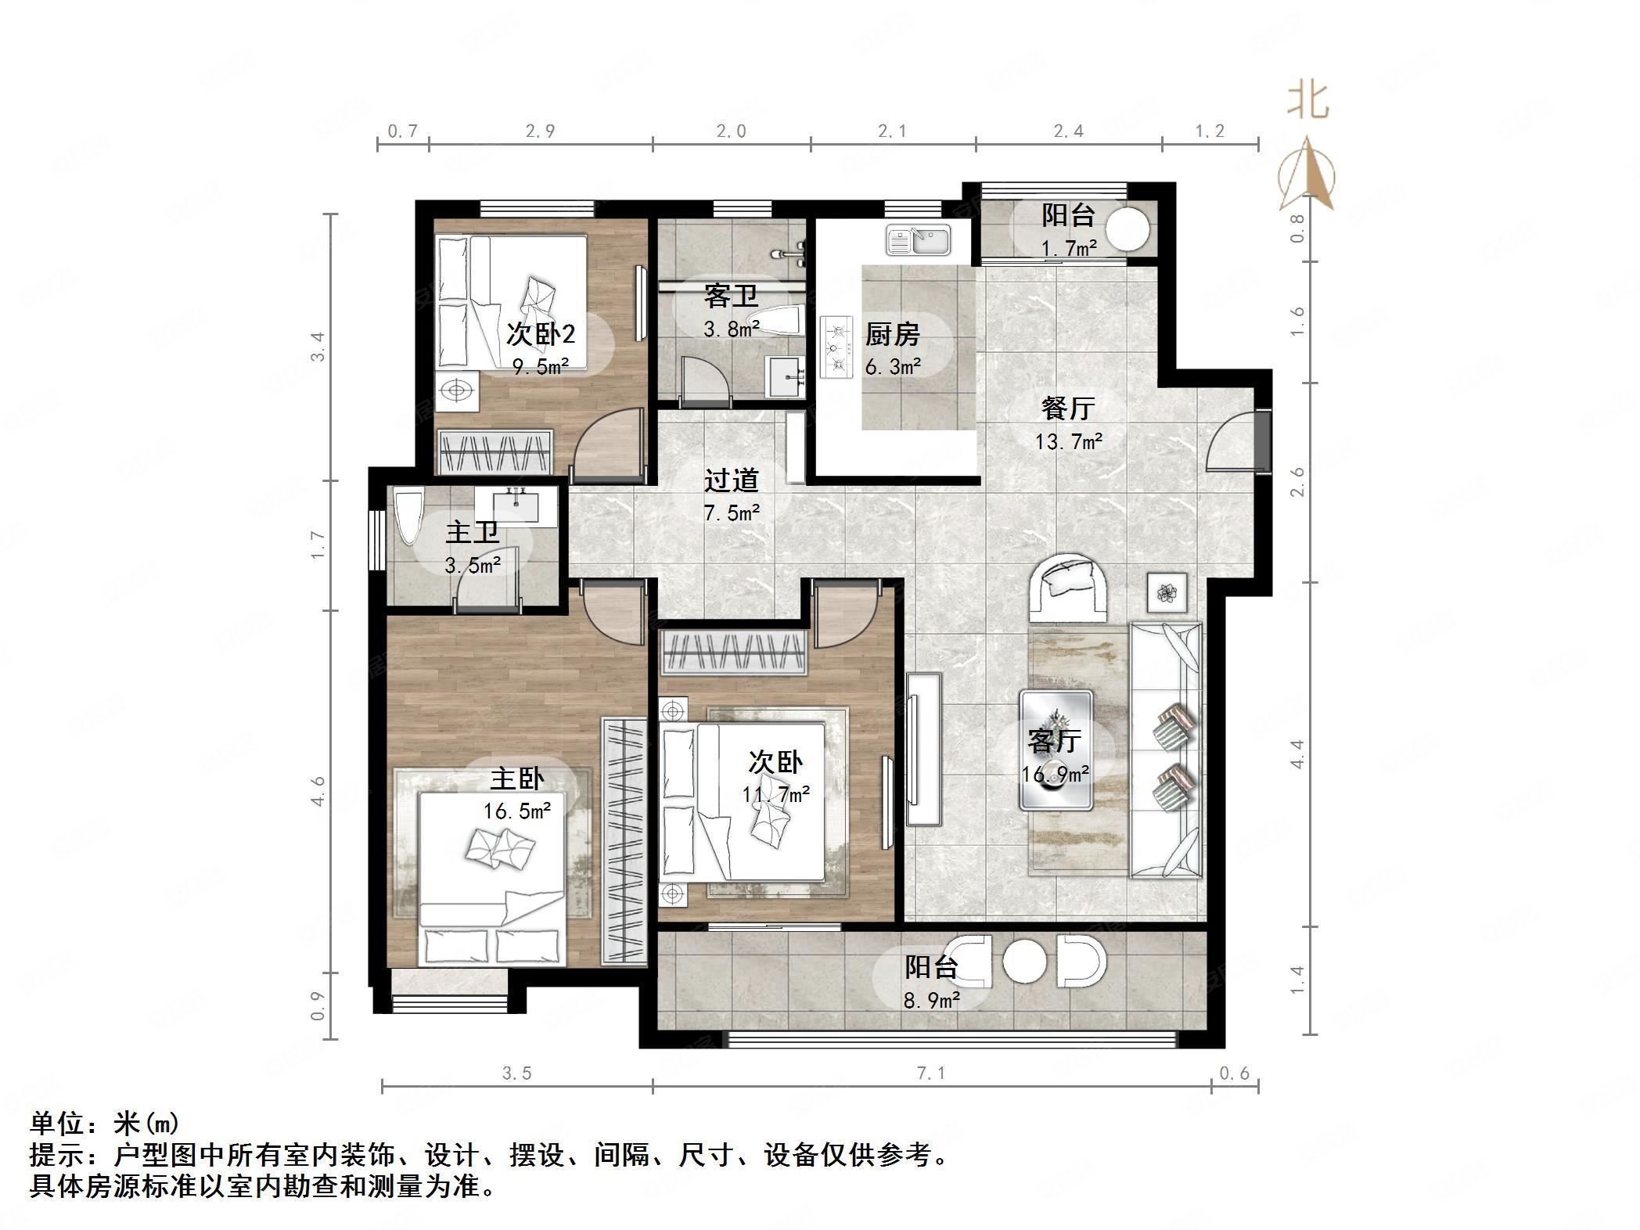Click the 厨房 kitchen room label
(x=891, y=335)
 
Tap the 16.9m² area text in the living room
(x=1055, y=775)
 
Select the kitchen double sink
(x=918, y=239)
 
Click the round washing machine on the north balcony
(x=1127, y=227)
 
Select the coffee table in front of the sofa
(x=1056, y=750)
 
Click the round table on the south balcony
(x=1024, y=962)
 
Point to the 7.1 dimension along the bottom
(x=931, y=1074)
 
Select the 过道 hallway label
(x=731, y=480)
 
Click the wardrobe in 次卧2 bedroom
(x=495, y=452)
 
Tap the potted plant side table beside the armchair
(x=1167, y=593)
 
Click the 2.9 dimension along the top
(x=540, y=131)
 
